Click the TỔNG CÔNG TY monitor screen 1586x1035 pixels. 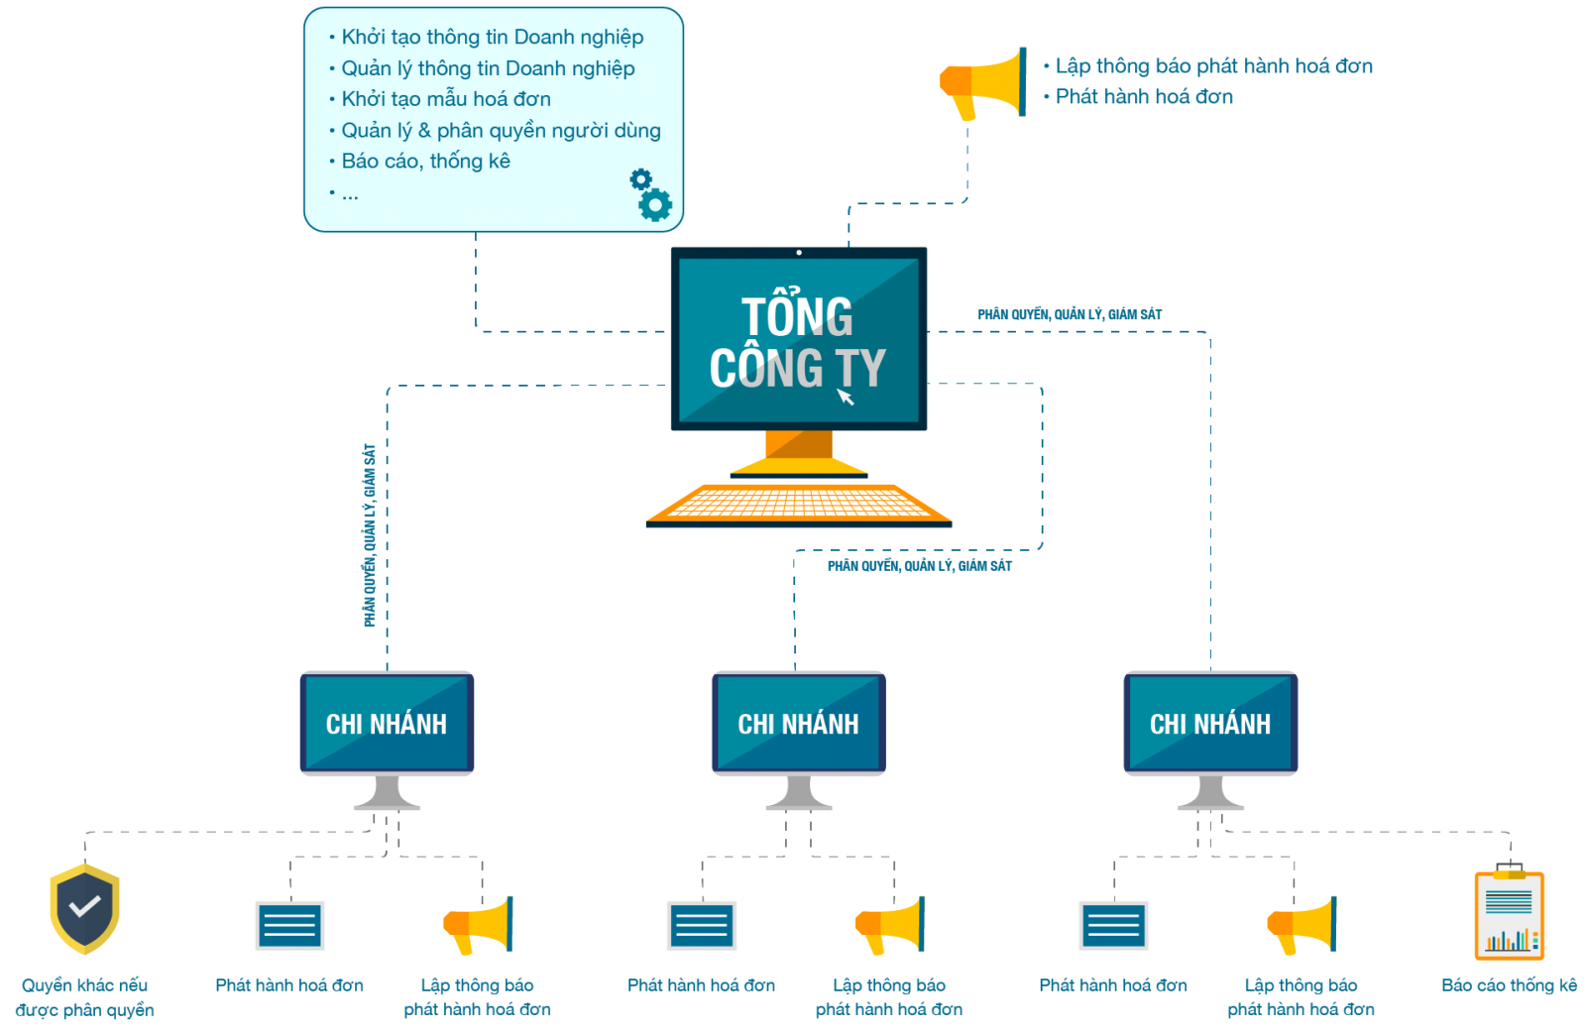798,339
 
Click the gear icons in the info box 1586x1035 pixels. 650,194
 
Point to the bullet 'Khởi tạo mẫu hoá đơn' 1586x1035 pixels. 445,99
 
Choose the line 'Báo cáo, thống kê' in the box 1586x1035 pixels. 425,161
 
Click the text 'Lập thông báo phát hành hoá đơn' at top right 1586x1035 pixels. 1213,66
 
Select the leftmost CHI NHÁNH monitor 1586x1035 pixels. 387,723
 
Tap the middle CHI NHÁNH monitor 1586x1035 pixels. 798,723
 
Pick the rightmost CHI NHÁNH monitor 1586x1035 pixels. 1210,723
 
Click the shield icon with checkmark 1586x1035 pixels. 85,908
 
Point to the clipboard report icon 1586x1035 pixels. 1509,915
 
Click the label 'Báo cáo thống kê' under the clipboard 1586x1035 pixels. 1509,985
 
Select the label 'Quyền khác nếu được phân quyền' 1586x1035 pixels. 85,997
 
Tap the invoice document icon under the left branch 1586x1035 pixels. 289,925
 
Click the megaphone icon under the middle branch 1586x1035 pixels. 890,925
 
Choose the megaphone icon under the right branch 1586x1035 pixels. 1302,925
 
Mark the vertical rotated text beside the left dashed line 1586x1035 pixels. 369,535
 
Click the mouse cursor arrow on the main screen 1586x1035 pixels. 846,397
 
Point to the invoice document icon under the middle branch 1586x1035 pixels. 702,925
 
